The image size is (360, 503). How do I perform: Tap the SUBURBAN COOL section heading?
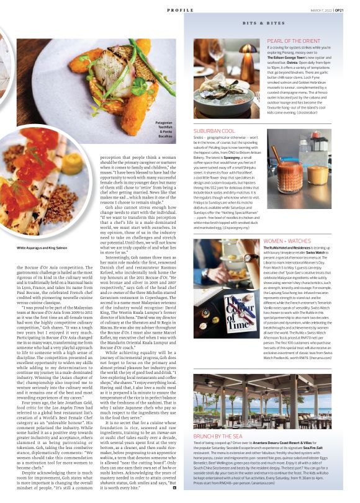pos(214,131)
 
